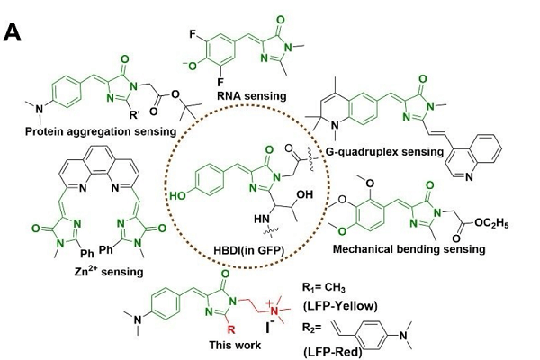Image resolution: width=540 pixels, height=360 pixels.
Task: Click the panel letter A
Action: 13,33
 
